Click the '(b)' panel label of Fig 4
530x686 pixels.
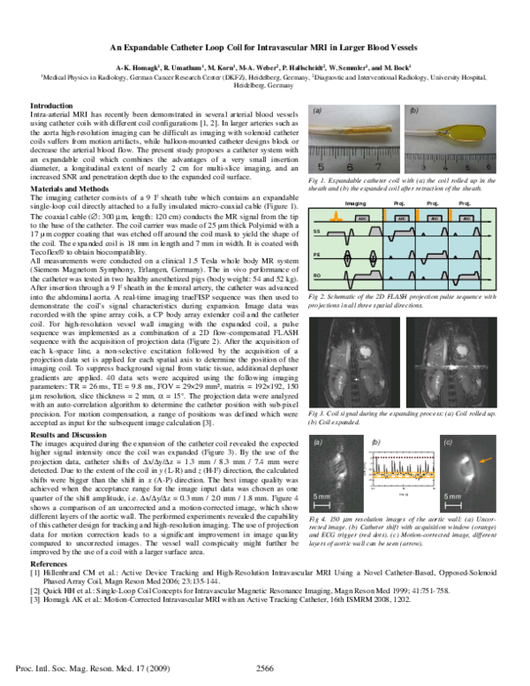coord(377,440)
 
